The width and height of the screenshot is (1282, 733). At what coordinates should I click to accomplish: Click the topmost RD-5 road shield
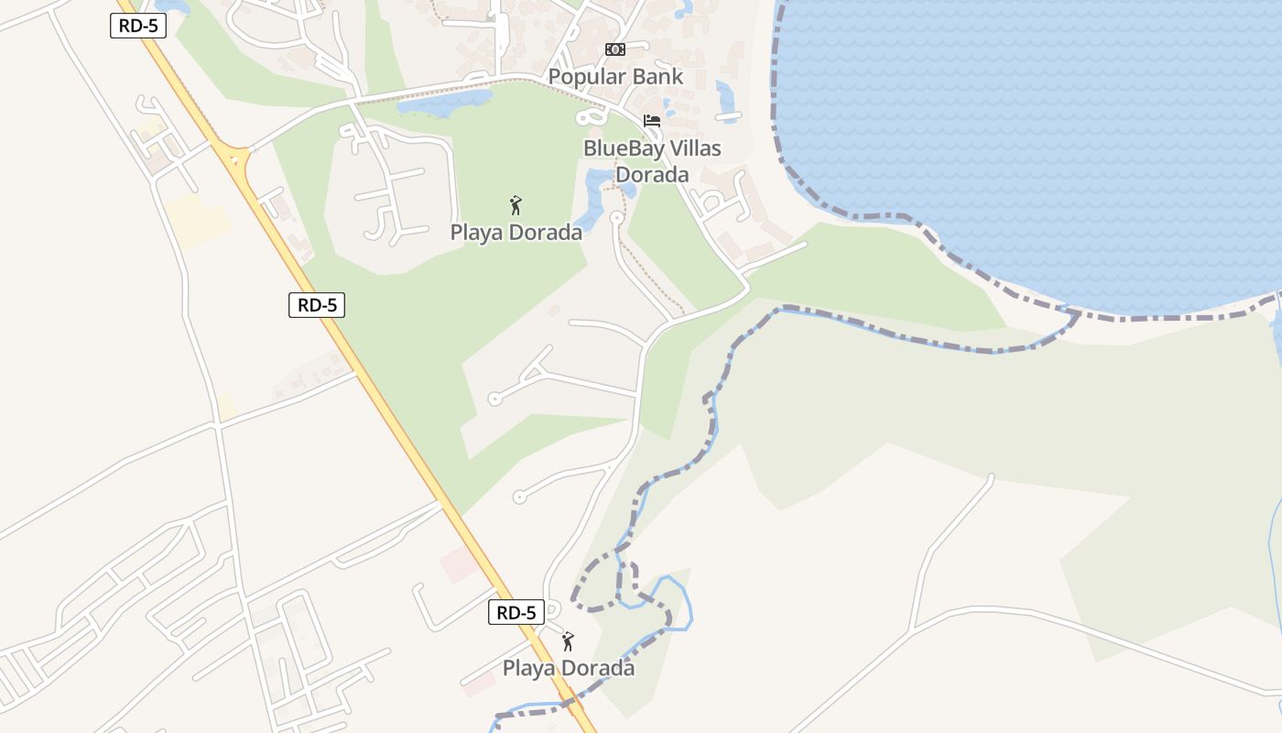coord(138,26)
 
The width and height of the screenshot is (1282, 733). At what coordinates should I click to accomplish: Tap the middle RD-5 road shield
coord(317,305)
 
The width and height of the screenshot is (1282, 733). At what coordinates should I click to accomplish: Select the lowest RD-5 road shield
coord(516,612)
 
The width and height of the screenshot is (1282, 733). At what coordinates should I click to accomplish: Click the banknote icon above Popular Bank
coord(614,49)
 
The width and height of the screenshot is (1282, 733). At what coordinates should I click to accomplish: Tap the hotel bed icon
coord(652,120)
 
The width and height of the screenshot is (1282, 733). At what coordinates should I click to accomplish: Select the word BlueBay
coord(622,148)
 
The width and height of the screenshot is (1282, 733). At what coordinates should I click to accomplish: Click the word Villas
coord(694,148)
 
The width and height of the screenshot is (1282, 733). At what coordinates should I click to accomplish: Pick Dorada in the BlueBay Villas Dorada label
coord(652,174)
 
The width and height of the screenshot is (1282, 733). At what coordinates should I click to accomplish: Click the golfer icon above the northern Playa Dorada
coord(516,205)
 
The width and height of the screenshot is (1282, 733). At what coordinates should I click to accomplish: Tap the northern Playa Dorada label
coord(516,233)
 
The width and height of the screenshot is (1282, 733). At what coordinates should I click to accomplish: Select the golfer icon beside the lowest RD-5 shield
coord(568,641)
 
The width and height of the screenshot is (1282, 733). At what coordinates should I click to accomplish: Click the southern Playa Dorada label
coord(568,668)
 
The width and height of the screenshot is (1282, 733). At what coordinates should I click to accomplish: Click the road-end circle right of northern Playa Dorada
coord(616,218)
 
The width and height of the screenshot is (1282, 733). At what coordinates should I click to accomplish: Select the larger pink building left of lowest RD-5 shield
coord(459,564)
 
